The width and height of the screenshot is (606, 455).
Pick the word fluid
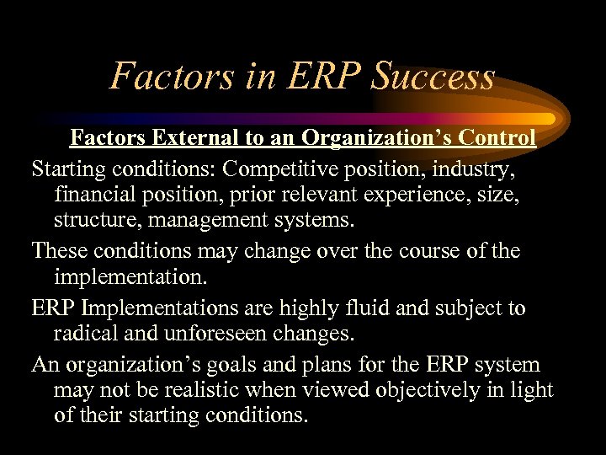(362, 308)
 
